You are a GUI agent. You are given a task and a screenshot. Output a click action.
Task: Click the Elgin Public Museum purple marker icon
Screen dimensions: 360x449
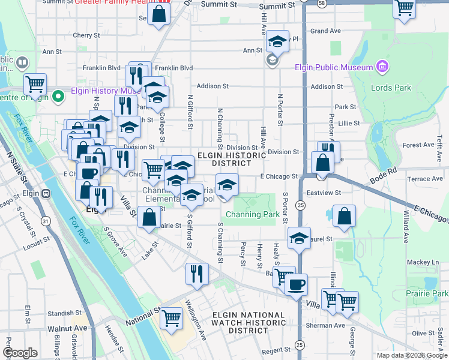381,67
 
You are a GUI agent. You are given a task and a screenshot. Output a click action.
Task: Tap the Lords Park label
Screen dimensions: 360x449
391,88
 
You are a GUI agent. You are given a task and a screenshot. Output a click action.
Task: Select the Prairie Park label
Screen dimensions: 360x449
427,294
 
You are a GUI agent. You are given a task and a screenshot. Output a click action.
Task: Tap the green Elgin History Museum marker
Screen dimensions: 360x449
59,95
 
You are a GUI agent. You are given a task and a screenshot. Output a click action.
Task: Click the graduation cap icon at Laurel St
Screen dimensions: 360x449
299,238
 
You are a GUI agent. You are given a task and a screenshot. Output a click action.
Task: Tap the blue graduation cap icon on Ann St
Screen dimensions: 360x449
277,41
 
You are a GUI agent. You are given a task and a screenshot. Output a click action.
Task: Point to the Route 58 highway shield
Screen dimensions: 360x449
322,4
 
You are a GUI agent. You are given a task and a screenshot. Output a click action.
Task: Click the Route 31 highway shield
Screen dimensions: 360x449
46,221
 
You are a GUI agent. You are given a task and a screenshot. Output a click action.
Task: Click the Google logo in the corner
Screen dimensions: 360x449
20,353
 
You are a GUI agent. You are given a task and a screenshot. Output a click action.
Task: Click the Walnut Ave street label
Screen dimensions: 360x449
68,329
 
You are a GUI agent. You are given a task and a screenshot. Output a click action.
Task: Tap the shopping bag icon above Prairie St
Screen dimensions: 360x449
149,217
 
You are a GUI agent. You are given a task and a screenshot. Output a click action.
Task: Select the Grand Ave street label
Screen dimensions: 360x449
325,31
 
